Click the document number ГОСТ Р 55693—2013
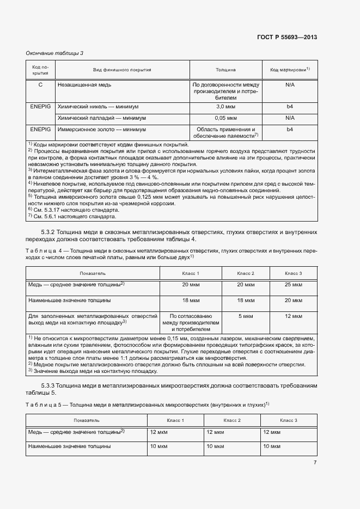[x=287, y=37]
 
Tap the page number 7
[x=315, y=463]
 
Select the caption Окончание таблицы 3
[x=54, y=53]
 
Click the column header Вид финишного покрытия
[x=122, y=70]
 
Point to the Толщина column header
[x=225, y=70]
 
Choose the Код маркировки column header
[x=290, y=70]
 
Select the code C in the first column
[x=40, y=85]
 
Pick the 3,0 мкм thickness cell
[x=225, y=107]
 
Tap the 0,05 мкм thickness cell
[x=225, y=118]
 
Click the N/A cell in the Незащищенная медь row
[x=290, y=85]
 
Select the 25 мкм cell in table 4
[x=293, y=285]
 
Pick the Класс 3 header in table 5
[x=288, y=420]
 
